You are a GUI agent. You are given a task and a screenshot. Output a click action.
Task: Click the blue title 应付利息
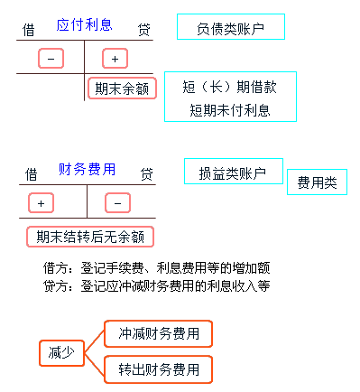pos(85,25)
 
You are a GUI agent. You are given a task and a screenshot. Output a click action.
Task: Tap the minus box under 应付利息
pos(51,59)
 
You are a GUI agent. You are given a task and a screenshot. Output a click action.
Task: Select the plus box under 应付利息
pos(115,59)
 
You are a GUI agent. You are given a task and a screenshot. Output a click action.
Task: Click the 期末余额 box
pos(122,89)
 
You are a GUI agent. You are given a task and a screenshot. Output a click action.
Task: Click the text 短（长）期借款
pos(229,89)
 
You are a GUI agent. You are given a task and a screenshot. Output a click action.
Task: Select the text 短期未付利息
pos(229,110)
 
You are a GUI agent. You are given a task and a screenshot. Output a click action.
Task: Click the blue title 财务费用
pos(88,169)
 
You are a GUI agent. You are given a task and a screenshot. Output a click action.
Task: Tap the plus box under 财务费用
pos(41,201)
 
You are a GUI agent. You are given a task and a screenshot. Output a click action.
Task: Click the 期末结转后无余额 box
pos(89,237)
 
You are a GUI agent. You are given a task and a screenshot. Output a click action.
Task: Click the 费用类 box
pos(317,182)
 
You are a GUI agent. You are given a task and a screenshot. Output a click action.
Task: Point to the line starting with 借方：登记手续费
pos(156,267)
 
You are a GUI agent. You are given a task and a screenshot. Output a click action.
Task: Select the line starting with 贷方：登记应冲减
pos(156,285)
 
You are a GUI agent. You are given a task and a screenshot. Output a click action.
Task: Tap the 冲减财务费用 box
pos(158,333)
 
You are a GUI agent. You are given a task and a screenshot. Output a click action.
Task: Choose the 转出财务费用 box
pos(158,369)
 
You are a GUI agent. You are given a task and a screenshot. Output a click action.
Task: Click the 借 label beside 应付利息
pos(28,30)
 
